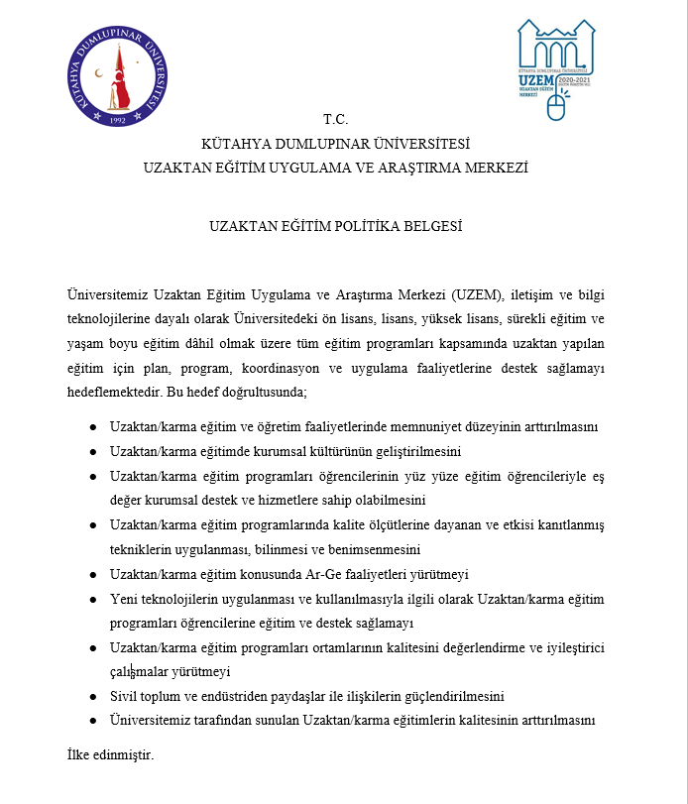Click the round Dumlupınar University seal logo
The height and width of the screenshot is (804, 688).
click(119, 77)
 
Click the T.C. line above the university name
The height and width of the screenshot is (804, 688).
click(336, 119)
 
